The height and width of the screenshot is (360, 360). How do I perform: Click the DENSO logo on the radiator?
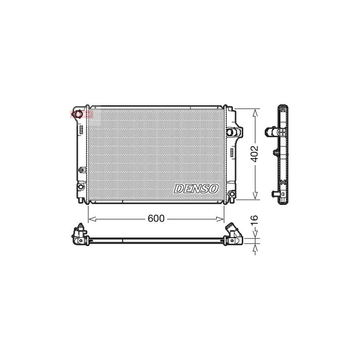(x=196, y=188)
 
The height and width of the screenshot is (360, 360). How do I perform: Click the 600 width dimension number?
(x=156, y=219)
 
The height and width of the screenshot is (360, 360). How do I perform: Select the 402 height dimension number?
(x=255, y=154)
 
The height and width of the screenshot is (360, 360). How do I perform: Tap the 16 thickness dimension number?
(x=255, y=219)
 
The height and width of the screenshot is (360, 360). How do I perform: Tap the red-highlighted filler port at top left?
(x=79, y=114)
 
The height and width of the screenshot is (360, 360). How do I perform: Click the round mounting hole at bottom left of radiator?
(x=80, y=186)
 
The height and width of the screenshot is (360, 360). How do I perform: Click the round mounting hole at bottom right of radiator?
(x=231, y=194)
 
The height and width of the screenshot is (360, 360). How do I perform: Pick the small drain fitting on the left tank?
(x=82, y=170)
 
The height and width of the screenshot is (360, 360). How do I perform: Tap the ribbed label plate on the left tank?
(x=80, y=129)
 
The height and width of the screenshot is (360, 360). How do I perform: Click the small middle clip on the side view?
(x=276, y=152)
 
